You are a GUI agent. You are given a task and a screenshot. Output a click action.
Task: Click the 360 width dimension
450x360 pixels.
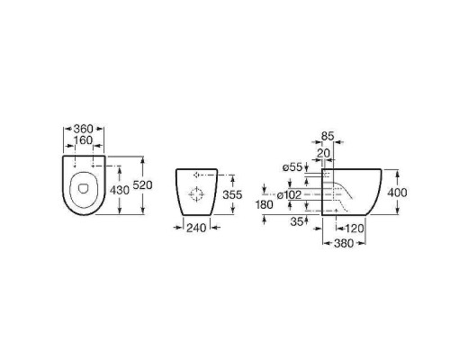[x=84, y=129]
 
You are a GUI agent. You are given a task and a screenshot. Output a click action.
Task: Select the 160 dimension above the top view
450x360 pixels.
[x=84, y=140]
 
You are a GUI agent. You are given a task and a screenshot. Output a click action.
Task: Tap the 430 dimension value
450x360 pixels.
[x=120, y=190]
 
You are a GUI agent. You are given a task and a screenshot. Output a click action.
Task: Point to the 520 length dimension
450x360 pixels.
[x=142, y=185]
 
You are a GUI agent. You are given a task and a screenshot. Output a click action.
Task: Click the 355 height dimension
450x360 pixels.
[x=232, y=194]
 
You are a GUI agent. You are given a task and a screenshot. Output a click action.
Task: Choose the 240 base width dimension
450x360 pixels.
[x=196, y=228]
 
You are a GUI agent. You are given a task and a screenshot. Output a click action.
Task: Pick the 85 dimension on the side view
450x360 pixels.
[x=328, y=136]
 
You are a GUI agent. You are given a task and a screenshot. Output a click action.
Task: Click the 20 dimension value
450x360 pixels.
[x=323, y=153]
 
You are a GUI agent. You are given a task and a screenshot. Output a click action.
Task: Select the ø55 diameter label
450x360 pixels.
[x=292, y=167]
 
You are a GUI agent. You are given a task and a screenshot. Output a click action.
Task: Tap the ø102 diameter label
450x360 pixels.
[x=289, y=195]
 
